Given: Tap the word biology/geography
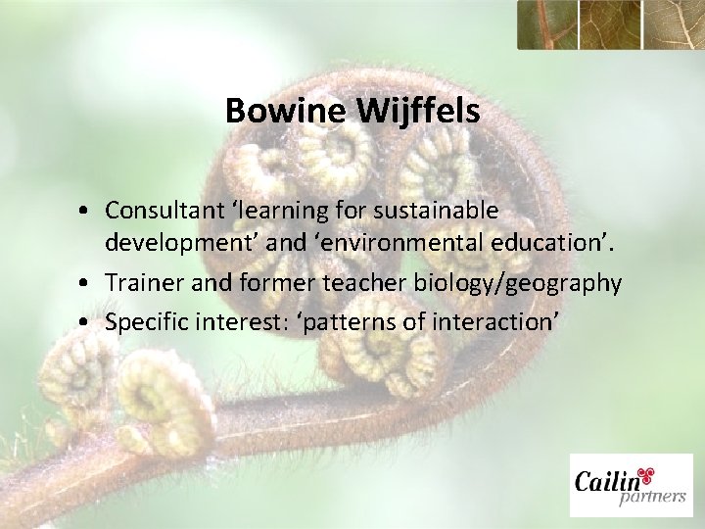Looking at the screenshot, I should click(538, 284).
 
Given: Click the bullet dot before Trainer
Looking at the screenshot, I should click(89, 285).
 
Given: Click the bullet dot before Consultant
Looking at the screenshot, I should click(89, 212).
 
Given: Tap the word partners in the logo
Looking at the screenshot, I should click(652, 498).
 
